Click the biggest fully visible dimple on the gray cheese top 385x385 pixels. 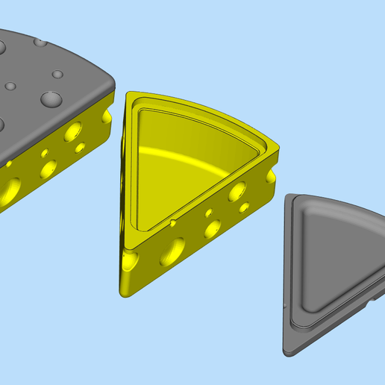[x=51, y=98]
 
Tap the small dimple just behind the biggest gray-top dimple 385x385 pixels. [x=57, y=75]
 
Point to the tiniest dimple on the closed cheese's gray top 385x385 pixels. [x=10, y=87]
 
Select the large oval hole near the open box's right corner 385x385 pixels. [x=238, y=191]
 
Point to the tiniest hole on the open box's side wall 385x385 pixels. [x=208, y=213]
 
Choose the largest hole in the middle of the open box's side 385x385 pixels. [x=172, y=251]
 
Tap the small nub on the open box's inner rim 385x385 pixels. [x=173, y=222]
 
